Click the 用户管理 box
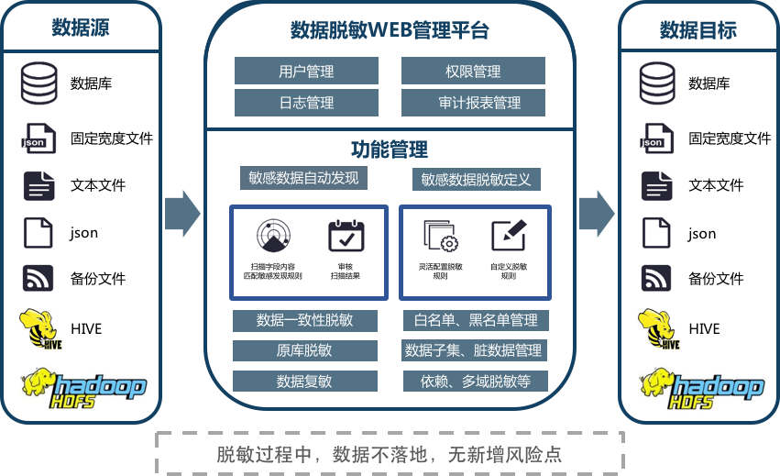(x=306, y=71)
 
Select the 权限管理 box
(x=473, y=71)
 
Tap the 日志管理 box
(x=306, y=103)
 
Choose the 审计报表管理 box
(x=473, y=103)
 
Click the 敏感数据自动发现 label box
(x=303, y=178)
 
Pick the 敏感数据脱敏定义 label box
(x=476, y=180)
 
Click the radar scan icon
(x=272, y=237)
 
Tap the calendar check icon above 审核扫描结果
(x=346, y=236)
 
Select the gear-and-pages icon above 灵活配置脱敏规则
(x=440, y=237)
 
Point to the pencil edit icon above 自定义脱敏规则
(x=508, y=236)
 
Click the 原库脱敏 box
(x=304, y=350)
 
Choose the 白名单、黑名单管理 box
(x=476, y=320)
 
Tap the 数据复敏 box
(x=304, y=381)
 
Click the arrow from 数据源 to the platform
(x=182, y=213)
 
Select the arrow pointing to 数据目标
(x=596, y=213)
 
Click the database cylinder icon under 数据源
(x=38, y=84)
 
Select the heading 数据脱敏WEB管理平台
(x=390, y=31)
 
